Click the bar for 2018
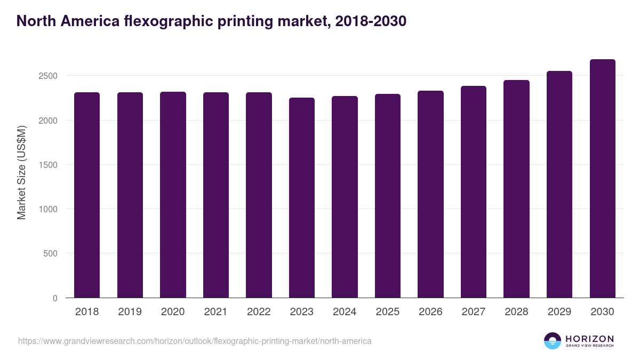[x=87, y=195]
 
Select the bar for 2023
[x=302, y=198]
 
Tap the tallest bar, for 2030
[x=602, y=179]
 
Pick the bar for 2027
[x=474, y=192]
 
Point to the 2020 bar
[x=173, y=195]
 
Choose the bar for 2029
[x=559, y=185]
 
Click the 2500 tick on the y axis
[x=47, y=76]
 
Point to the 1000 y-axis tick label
[x=47, y=209]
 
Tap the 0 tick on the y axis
[x=55, y=298]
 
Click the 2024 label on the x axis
[x=345, y=312]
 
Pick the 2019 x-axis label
[x=130, y=312]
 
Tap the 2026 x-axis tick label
[x=430, y=312]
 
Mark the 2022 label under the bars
[x=259, y=312]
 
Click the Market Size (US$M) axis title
[x=22, y=172]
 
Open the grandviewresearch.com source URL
[x=195, y=341]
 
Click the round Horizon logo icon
[x=553, y=341]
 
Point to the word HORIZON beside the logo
[x=589, y=339]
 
